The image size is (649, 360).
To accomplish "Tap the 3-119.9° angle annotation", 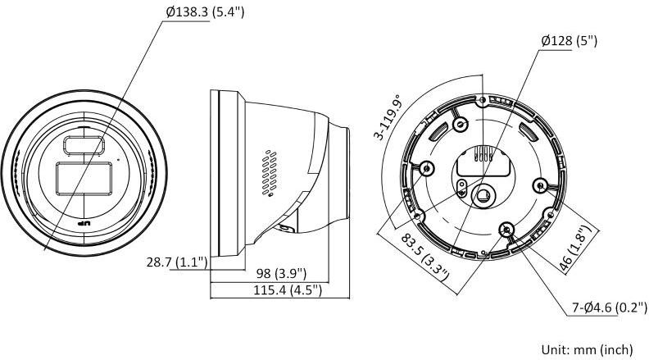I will point(389,120).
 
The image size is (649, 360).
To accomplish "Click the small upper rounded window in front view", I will point(81,144).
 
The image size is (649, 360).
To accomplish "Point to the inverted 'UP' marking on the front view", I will point(82,222).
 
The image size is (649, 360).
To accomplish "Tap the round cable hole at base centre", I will point(483,195).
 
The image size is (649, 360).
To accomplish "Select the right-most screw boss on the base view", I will point(540,184).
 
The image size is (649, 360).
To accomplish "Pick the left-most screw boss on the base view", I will point(425,168).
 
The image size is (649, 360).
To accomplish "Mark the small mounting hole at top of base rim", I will point(483,99).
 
